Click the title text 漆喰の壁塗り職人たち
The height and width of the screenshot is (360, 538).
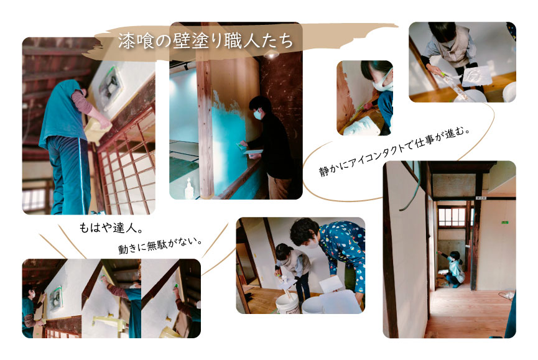tap(206, 41)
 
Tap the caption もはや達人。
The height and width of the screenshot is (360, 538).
tap(111, 228)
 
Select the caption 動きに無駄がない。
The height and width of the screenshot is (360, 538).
tap(160, 245)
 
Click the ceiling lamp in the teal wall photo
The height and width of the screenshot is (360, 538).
tap(271, 54)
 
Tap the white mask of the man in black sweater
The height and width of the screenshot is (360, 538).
tap(257, 114)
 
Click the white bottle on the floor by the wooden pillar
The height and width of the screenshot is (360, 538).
tap(188, 188)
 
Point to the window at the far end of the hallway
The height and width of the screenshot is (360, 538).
tap(452, 217)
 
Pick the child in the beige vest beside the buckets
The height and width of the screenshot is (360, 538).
tap(293, 271)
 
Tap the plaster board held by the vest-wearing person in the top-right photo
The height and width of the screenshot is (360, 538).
tap(477, 76)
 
